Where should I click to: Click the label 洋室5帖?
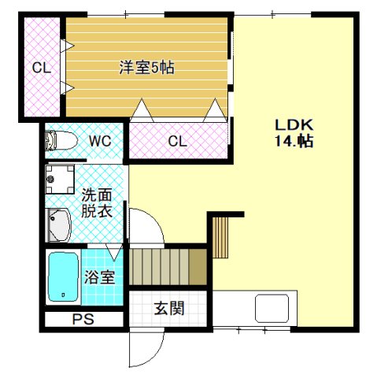[x=146, y=69]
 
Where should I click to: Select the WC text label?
[x=99, y=142]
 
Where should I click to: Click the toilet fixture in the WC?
[x=61, y=142]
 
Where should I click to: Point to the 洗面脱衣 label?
[x=96, y=202]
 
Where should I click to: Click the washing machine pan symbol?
[x=60, y=180]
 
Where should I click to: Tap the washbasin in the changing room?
[x=59, y=225]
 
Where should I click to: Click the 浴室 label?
[x=99, y=277]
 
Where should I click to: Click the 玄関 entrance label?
[x=169, y=308]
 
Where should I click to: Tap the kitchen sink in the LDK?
[x=272, y=307]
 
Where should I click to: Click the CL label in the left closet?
[x=41, y=69]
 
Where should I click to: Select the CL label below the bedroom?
[x=177, y=142]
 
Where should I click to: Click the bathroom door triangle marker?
[x=116, y=252]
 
